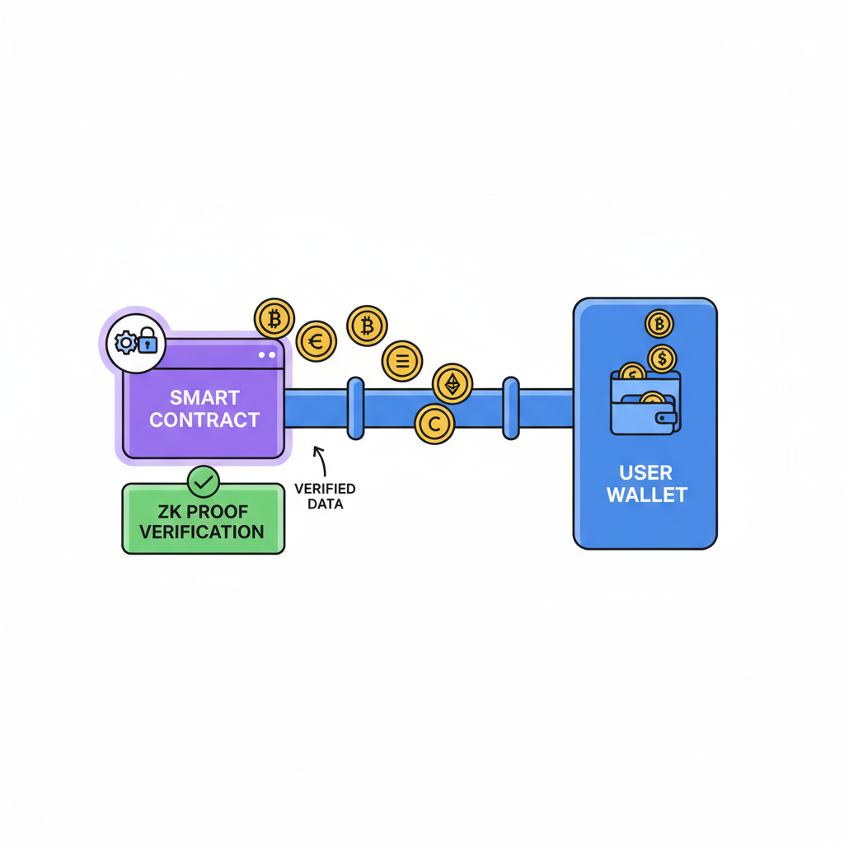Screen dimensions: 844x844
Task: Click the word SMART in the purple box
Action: coord(204,397)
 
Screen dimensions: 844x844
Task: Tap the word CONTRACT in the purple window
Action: coord(204,420)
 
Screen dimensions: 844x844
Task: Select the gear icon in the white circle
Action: coord(125,342)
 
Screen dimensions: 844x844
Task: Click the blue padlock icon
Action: coord(148,340)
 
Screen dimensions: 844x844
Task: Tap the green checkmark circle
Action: coord(203,481)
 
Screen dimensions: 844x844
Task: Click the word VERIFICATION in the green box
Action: coord(202,532)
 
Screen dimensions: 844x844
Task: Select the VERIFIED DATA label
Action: coord(325,496)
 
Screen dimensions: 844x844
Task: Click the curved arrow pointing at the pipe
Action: coord(317,461)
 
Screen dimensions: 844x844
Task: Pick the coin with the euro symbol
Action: coord(316,340)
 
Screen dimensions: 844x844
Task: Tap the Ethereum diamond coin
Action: coord(452,383)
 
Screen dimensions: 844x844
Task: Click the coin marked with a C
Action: coord(434,424)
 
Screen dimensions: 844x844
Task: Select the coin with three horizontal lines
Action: coord(402,361)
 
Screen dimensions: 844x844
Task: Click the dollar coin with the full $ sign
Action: coord(662,359)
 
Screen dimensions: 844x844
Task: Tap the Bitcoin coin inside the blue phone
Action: coord(659,324)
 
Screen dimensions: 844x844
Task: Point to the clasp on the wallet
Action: coord(665,418)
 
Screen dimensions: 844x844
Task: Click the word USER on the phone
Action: coord(645,473)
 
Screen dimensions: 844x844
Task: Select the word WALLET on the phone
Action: coord(645,495)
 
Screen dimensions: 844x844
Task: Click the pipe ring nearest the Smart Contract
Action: coord(355,408)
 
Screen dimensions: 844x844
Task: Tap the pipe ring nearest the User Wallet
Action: coord(511,408)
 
